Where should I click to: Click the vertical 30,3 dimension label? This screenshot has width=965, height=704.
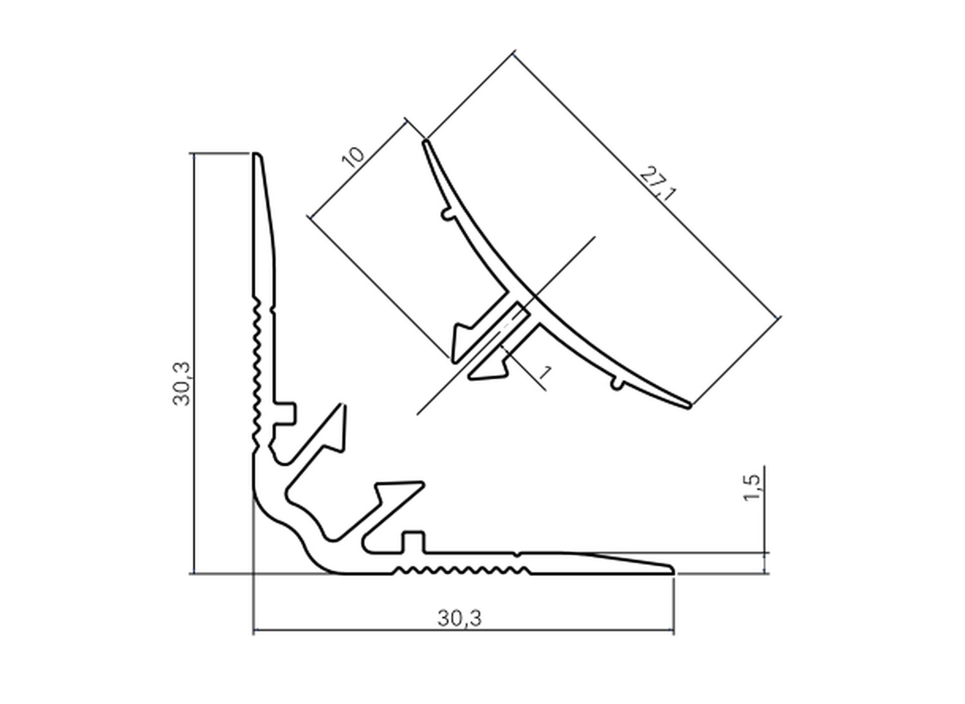181,384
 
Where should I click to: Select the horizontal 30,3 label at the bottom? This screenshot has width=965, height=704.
459,618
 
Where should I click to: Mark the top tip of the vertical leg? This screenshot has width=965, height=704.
256,156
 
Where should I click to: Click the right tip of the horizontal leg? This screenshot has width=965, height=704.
672,570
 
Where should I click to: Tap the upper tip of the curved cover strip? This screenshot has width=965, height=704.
425,143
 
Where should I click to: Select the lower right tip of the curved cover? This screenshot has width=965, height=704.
688,405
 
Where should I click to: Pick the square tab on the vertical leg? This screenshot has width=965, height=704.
288,413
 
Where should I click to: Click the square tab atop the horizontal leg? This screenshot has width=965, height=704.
414,541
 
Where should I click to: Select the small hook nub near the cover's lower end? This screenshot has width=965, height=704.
616,384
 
